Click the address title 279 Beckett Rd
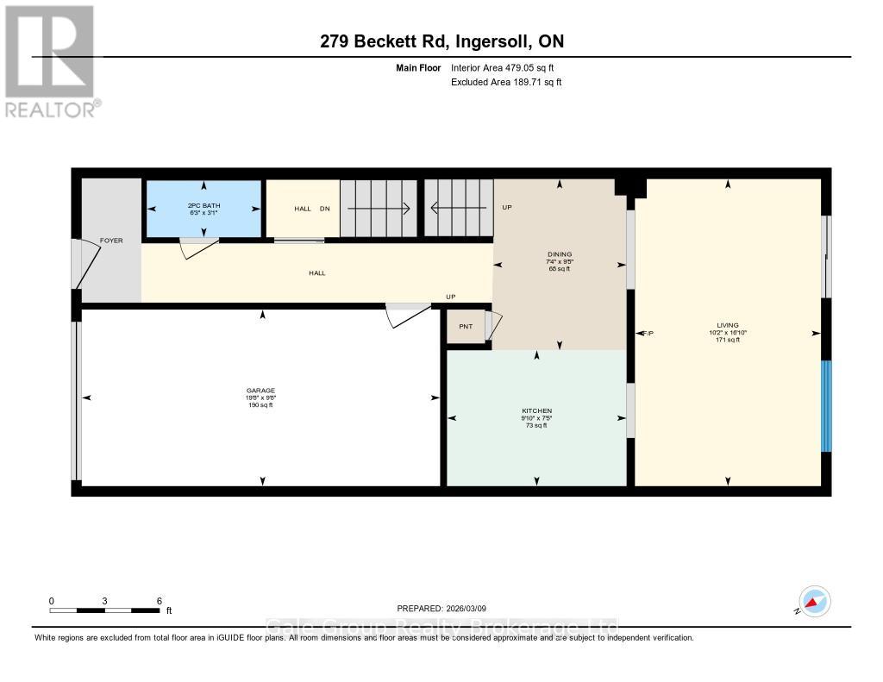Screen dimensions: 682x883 coord(441,41)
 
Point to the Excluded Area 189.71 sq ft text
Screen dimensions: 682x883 coord(506,82)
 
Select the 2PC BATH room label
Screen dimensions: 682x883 coord(204,205)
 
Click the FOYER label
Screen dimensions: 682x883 coord(111,241)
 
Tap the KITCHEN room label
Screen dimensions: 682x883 coord(536,410)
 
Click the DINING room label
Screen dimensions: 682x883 coord(560,254)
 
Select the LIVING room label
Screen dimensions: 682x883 coord(727,325)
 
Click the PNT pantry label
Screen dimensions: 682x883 coord(466,327)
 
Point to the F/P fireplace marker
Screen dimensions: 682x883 coord(648,333)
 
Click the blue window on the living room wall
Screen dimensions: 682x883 coord(825,405)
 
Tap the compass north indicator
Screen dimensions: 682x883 coord(814,601)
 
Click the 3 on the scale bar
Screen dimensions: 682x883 coord(104,600)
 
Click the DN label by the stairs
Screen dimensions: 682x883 coord(324,209)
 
